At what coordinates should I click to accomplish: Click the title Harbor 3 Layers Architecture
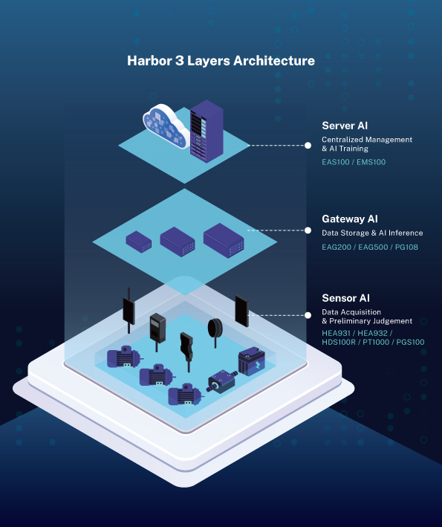[x=221, y=61]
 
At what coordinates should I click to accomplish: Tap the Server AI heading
[x=345, y=126]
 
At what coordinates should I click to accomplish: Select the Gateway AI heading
[x=350, y=219]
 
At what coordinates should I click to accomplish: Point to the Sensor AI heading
[x=345, y=298]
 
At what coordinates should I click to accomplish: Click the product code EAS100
[x=336, y=162]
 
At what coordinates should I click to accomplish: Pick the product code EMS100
[x=371, y=162]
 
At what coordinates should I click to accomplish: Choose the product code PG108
[x=406, y=247]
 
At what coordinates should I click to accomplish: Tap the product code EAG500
[x=373, y=247]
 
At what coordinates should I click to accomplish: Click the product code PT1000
[x=376, y=342]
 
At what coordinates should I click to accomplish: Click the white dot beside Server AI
[x=308, y=146]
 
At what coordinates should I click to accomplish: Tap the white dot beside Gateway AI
[x=308, y=230]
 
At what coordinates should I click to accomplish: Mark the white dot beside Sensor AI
[x=308, y=315]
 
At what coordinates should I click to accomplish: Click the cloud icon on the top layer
[x=165, y=126]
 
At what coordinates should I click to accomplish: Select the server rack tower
[x=207, y=131]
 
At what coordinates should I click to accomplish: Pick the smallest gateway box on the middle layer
[x=139, y=242]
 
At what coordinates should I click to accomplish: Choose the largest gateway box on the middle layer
[x=224, y=240]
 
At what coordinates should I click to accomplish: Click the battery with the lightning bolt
[x=252, y=361]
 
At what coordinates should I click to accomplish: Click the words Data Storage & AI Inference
[x=372, y=233]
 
